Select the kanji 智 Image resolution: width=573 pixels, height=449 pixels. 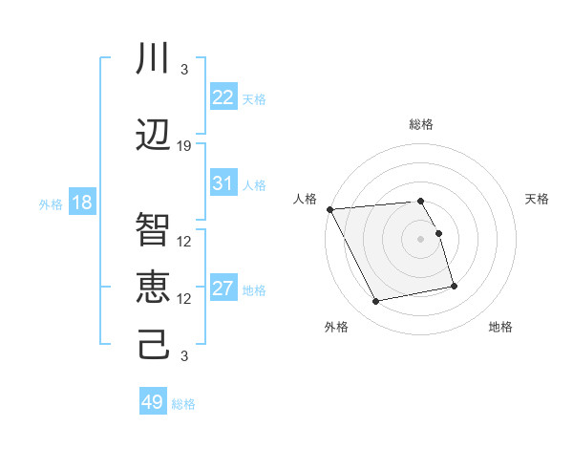point(153,230)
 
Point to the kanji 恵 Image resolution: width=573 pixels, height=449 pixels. point(153,287)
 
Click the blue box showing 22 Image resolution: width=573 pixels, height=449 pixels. point(223,97)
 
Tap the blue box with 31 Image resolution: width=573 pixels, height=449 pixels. point(223,183)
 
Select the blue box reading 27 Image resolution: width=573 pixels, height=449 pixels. point(223,289)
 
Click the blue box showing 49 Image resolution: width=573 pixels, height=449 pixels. point(153,402)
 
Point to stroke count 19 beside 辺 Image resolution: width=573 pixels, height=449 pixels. point(184,146)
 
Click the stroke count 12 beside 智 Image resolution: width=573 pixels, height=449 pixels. point(184,241)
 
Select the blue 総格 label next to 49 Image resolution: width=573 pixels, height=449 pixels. point(183,404)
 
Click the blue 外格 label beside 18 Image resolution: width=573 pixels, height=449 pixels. point(51,204)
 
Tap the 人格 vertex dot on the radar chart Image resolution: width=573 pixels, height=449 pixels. point(329,209)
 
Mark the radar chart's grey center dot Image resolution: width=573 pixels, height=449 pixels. point(420,238)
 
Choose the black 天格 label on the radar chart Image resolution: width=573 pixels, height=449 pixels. point(537,199)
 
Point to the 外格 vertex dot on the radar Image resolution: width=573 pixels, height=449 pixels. point(376,301)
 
